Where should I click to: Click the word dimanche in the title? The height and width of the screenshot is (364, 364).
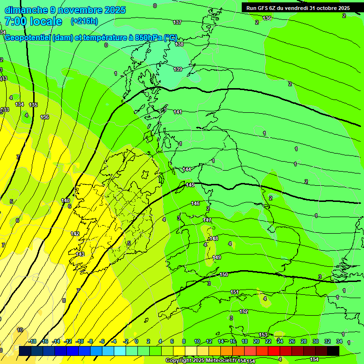[x=27, y=10]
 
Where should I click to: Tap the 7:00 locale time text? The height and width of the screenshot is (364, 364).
[x=33, y=21]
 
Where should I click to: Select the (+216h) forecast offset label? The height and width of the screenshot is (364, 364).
[x=84, y=21]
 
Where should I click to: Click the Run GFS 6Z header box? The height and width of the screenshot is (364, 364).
[x=298, y=8]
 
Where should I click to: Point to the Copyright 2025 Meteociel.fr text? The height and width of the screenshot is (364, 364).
[x=199, y=361]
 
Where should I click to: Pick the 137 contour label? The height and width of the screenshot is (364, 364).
[x=177, y=22]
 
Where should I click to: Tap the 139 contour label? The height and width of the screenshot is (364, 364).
[x=178, y=69]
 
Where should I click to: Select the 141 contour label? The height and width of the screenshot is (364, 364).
[x=178, y=112]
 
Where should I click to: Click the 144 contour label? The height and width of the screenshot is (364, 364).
[x=187, y=169]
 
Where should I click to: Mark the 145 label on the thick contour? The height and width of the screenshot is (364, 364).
[x=191, y=185]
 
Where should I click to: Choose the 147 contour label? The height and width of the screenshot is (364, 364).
[x=207, y=220]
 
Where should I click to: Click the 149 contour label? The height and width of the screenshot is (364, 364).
[x=217, y=257]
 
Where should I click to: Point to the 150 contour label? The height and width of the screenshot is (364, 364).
[x=224, y=274]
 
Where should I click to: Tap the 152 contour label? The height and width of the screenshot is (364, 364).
[x=244, y=311]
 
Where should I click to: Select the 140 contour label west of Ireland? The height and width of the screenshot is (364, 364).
[x=65, y=200]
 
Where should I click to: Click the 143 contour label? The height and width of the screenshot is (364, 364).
[x=80, y=254]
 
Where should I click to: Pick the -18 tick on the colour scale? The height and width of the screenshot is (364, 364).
[x=33, y=341]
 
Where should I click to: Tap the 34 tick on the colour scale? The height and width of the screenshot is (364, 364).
[x=339, y=341]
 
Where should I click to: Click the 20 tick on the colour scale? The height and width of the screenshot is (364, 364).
[x=256, y=341]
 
